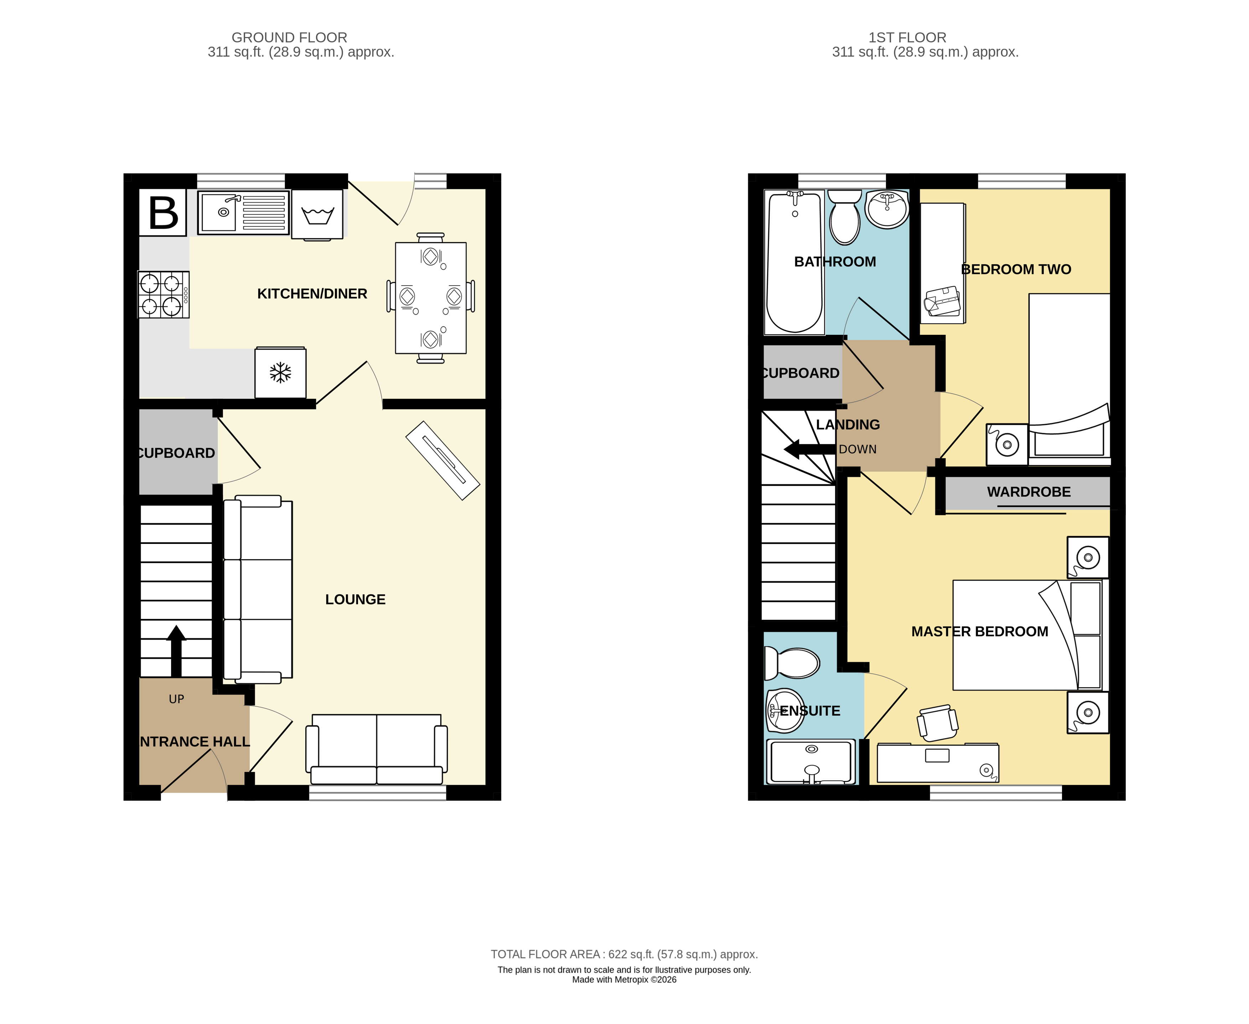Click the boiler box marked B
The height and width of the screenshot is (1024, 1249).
coord(163,212)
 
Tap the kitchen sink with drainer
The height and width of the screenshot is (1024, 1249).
coord(243,212)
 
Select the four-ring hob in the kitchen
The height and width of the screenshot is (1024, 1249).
coord(163,294)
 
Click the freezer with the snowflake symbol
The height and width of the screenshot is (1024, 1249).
coord(280,373)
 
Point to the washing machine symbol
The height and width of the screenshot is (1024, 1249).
coord(317,214)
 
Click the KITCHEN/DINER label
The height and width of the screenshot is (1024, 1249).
coord(312,294)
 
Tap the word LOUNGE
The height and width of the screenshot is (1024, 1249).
coord(355,599)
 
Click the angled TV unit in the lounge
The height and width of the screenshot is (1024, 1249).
coord(442,460)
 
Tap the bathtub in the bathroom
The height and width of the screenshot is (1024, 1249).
coord(794,263)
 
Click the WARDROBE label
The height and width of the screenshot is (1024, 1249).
coord(1028,492)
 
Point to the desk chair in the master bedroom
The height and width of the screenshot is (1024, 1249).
coord(938,723)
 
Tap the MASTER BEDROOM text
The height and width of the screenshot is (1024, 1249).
coord(979,632)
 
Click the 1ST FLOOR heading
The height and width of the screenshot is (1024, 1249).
coord(907,38)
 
